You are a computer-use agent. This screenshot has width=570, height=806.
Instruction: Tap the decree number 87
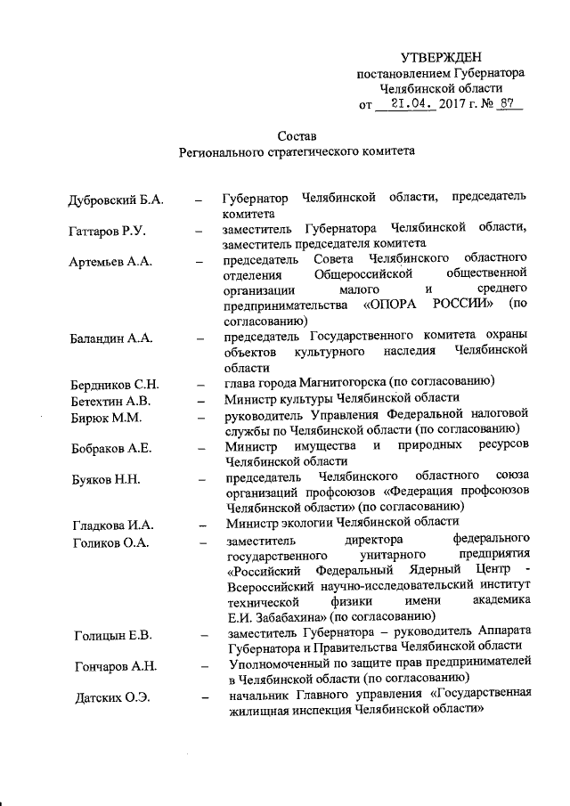click(510, 104)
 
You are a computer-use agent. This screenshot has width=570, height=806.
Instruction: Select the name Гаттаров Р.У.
click(108, 232)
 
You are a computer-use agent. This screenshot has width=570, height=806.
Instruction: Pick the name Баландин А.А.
click(112, 338)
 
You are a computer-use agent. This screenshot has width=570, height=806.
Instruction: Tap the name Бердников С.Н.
click(115, 385)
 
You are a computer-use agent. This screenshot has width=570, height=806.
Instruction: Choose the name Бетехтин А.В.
click(111, 400)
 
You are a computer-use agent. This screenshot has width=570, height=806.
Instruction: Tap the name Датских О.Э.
click(110, 696)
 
